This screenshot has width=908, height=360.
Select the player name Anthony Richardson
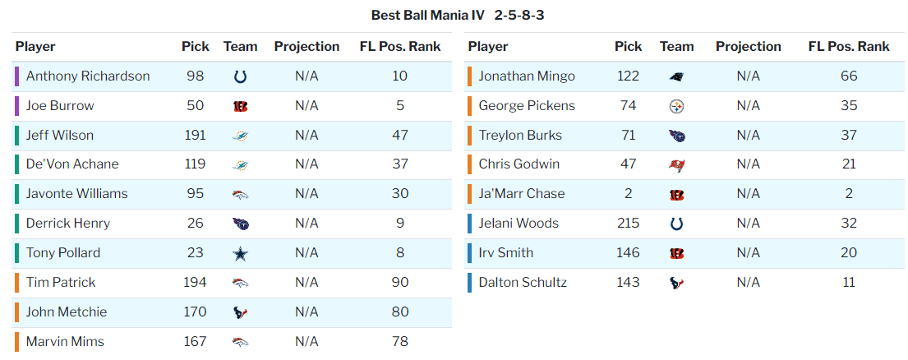88,76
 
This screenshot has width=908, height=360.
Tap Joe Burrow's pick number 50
196,106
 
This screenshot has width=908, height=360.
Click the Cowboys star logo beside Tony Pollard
240,253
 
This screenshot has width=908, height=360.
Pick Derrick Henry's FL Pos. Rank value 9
400,224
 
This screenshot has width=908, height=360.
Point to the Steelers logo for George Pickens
677,106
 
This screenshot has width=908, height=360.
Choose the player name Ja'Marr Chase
522,194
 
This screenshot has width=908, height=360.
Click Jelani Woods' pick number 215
629,224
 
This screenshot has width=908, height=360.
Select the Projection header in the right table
749,47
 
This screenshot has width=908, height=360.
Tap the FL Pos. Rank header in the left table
400,47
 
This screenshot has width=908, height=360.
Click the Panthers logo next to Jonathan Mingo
677,76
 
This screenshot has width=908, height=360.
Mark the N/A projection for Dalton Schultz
749,283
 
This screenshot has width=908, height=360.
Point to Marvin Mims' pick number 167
196,342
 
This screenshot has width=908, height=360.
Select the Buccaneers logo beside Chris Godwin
677,165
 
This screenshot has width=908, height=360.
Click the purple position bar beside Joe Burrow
16,106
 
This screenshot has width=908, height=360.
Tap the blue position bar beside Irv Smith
469,253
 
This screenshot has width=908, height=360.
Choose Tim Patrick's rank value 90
400,283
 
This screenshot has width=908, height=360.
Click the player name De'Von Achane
72,164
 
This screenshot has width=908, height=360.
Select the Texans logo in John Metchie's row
240,312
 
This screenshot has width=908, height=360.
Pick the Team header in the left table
240,47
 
